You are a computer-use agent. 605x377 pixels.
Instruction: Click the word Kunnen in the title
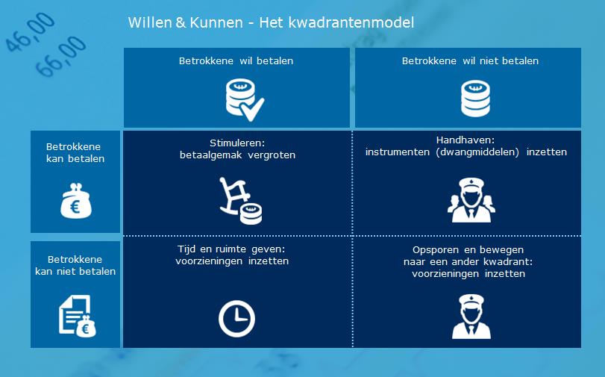pos(216,22)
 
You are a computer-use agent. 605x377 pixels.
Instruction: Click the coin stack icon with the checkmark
pos(245,99)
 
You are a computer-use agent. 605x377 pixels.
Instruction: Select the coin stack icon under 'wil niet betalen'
pos(475,99)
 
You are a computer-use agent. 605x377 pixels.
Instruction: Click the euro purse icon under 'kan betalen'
pos(76,201)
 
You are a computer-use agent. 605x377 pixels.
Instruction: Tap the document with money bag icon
pos(78,316)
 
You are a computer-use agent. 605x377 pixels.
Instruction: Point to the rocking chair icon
pos(241,201)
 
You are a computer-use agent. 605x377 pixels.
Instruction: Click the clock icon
pos(236,319)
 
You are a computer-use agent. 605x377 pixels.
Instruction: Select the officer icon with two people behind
pos(471,200)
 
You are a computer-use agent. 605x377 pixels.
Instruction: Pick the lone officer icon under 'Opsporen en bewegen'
pos(471,317)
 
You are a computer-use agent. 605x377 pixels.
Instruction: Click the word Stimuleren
pos(237,143)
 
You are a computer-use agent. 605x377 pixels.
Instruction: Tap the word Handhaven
pos(465,140)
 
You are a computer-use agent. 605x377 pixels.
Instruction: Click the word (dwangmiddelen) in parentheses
pos(477,152)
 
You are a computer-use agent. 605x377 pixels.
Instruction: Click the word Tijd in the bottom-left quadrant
pos(186,249)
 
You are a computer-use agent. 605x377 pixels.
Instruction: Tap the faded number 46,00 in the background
pos(30,32)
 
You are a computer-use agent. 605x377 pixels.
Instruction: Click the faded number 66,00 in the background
pos(60,56)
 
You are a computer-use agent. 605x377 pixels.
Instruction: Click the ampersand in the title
pos(181,22)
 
